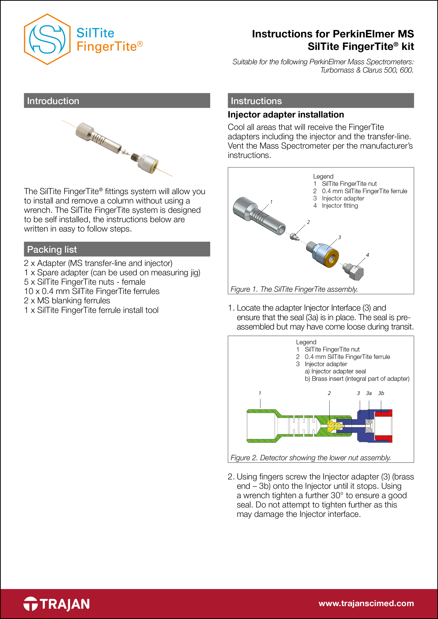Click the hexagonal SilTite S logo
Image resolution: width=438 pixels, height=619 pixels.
(x=47, y=39)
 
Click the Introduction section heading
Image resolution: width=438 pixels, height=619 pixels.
(x=53, y=101)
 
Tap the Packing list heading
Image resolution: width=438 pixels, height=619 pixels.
(x=52, y=249)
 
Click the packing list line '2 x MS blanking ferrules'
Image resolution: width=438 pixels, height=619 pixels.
(x=67, y=300)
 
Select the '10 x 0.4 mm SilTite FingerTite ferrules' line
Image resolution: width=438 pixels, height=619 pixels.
(x=92, y=291)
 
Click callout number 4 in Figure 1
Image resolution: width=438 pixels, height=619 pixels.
(x=367, y=255)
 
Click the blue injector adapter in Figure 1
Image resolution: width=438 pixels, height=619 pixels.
(x=323, y=253)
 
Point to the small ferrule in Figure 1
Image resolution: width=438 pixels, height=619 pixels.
(x=294, y=237)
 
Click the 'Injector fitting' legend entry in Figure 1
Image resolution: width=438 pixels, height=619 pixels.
(x=339, y=206)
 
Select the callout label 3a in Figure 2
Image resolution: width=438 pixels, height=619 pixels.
(x=369, y=393)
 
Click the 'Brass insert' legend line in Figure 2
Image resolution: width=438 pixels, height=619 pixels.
(x=357, y=379)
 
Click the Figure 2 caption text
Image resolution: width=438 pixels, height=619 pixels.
(x=310, y=458)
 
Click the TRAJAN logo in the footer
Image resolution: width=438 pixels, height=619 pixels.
(x=57, y=604)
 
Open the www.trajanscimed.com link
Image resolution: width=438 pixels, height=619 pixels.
(x=366, y=603)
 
